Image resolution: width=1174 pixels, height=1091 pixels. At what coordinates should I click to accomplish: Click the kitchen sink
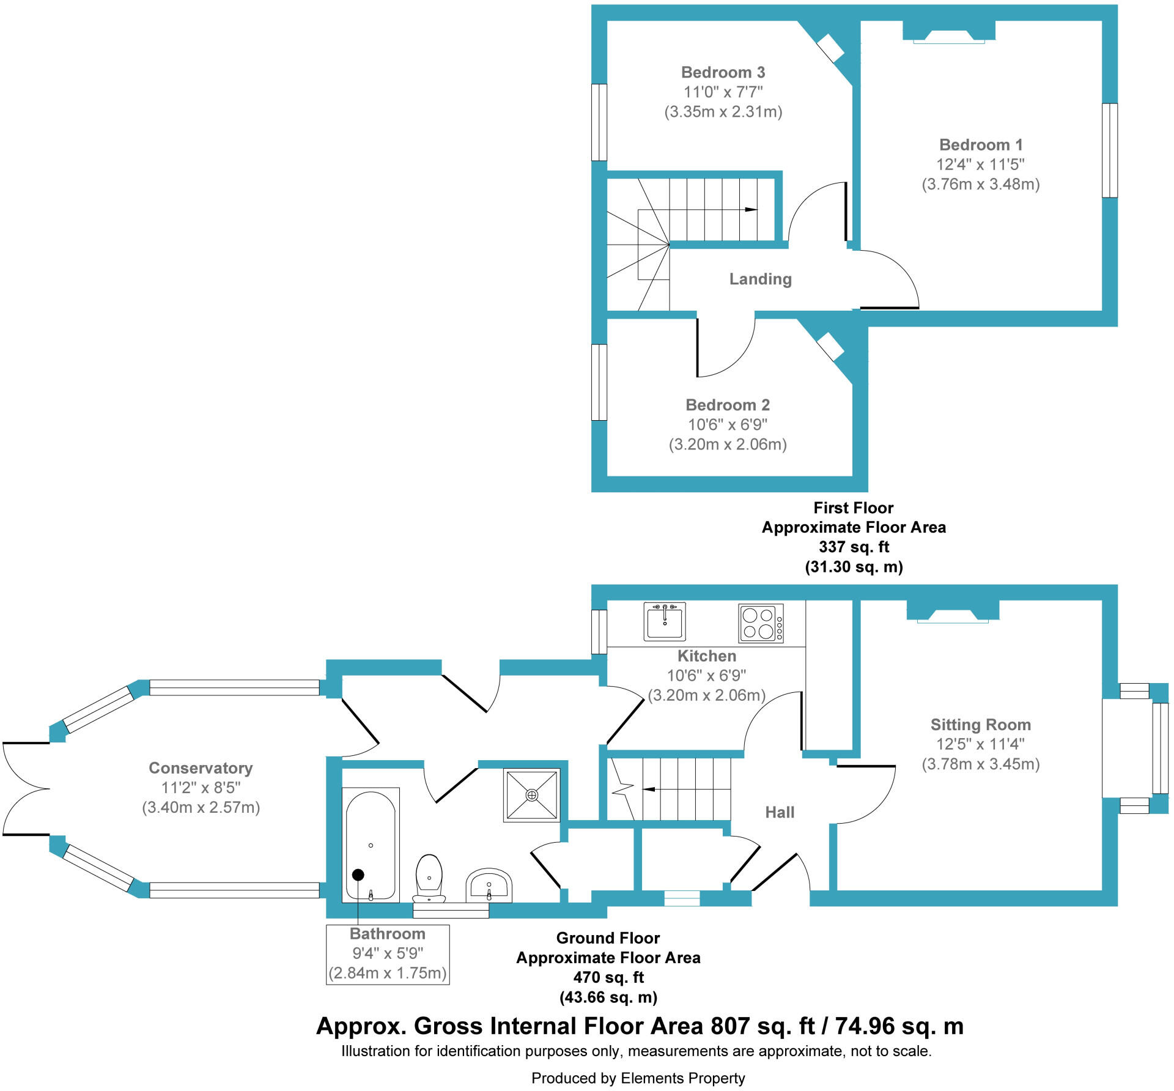pos(664,621)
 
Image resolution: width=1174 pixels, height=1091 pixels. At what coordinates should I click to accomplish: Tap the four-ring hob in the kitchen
pos(760,623)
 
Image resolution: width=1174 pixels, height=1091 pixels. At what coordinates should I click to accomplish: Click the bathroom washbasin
pos(489,884)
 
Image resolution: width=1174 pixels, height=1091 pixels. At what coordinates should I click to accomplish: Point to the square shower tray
pos(531,795)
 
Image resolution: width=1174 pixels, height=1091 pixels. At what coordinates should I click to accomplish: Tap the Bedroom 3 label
pos(723,72)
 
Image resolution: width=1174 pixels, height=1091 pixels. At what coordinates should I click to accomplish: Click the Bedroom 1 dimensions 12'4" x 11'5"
pos(980,165)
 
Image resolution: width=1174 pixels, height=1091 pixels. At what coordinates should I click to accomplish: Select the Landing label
pos(760,279)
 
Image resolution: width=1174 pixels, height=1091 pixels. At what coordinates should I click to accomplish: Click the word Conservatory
pos(201,767)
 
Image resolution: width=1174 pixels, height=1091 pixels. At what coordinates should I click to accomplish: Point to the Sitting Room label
pos(980,724)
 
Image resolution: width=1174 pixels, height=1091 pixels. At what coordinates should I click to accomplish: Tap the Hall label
pos(780,812)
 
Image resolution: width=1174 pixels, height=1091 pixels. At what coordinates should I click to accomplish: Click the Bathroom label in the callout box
pos(387,934)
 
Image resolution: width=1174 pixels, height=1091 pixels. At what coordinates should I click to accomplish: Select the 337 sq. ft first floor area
pos(854,547)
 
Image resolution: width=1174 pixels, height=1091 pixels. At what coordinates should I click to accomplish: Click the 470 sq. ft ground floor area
pos(608,977)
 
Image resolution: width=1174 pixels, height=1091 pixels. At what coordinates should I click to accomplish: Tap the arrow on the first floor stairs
pos(750,210)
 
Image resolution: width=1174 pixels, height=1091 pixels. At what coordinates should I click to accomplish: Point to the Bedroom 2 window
pos(599,382)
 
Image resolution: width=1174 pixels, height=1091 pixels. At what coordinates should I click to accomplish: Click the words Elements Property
pos(682,1078)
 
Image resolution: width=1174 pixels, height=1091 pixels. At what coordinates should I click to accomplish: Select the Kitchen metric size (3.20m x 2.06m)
pos(706,695)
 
